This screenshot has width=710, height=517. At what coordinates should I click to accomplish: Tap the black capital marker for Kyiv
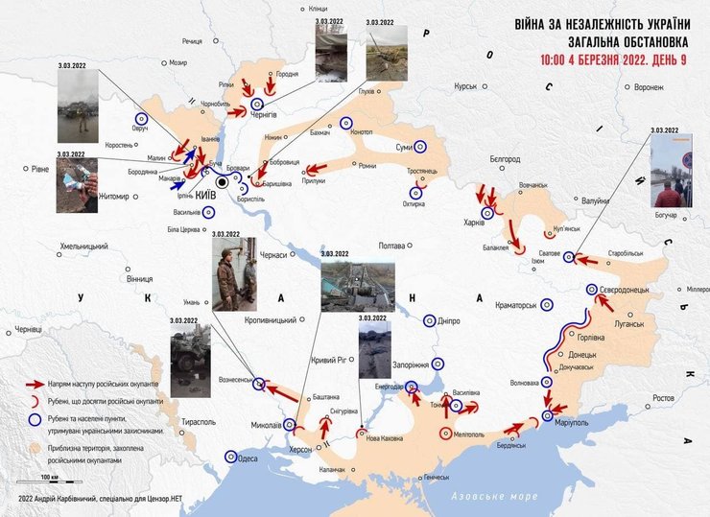tap(223, 180)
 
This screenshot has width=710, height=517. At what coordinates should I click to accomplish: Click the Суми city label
tap(404, 148)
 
